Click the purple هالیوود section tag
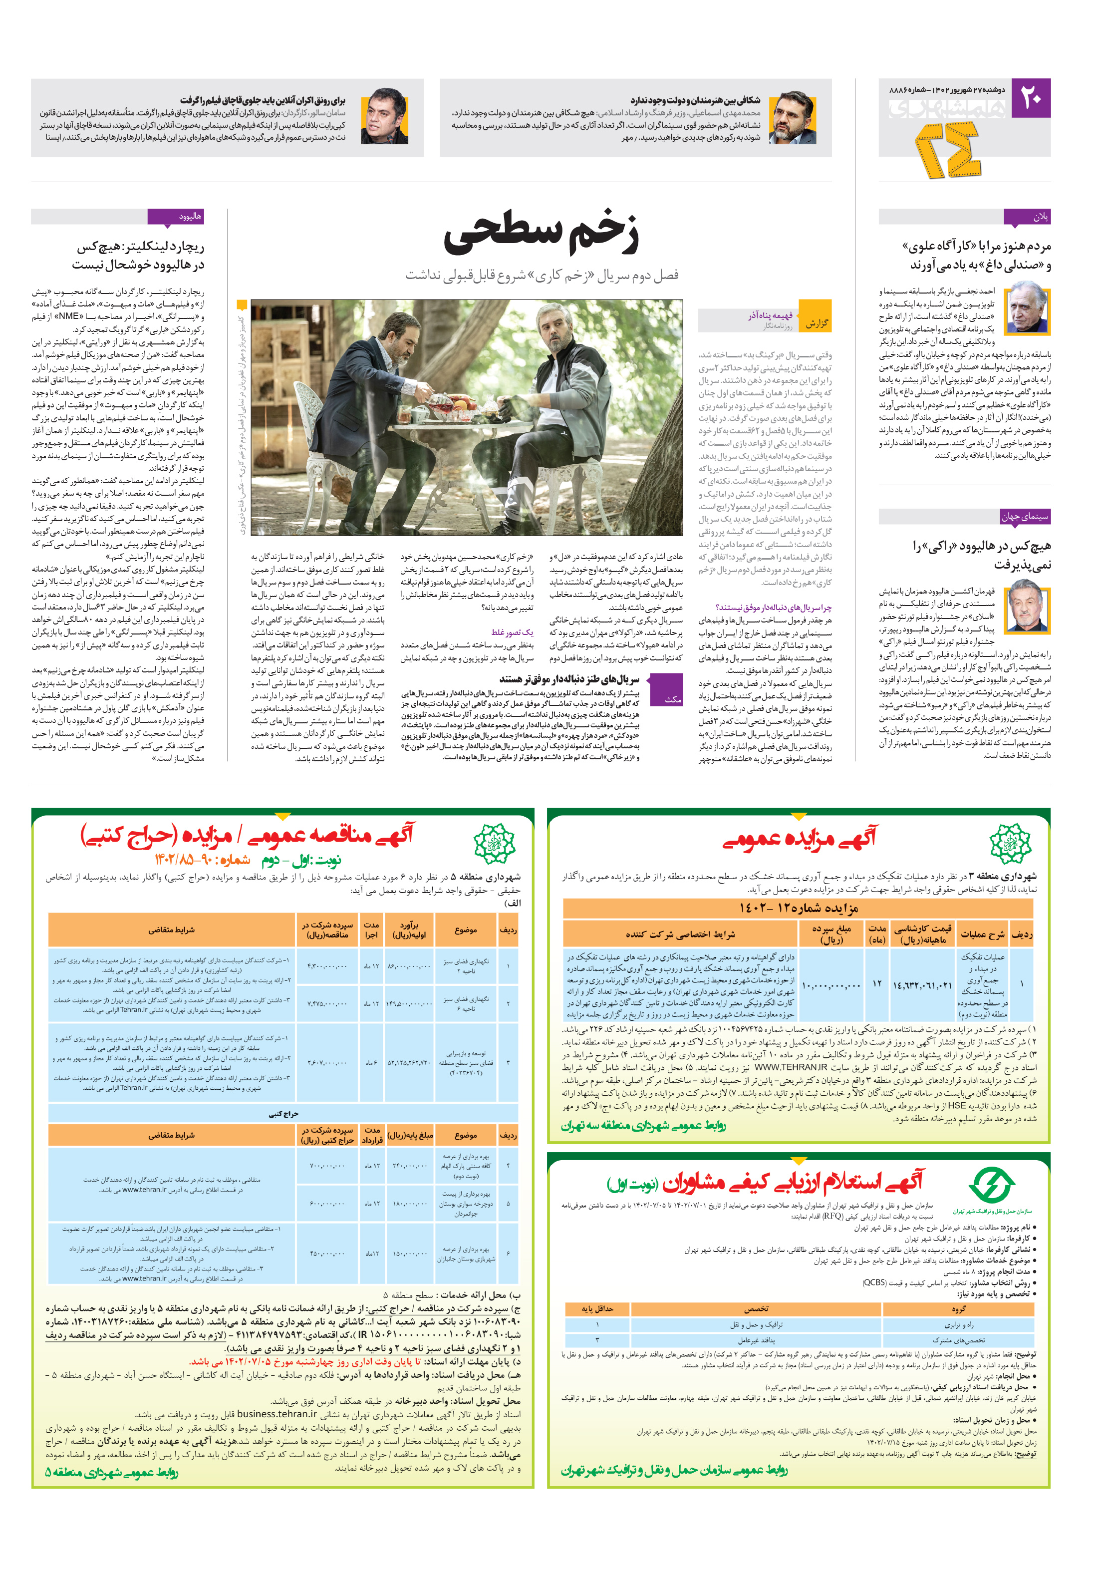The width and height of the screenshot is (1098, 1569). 176,217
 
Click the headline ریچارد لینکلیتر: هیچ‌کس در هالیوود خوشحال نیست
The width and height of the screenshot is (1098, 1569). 139,255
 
